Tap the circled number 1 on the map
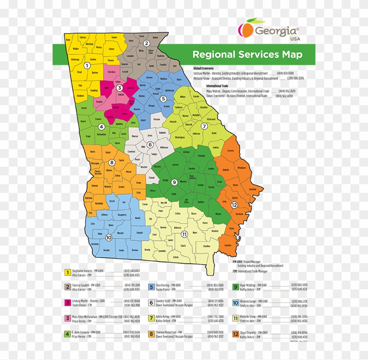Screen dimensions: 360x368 [x=87, y=65]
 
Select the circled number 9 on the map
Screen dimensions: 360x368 [x=174, y=182]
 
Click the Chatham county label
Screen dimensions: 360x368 [x=252, y=189]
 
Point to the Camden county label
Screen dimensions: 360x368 [x=228, y=245]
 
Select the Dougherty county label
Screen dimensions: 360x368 [x=122, y=214]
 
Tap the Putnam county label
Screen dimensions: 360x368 [x=156, y=119]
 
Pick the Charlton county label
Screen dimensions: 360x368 [x=207, y=246]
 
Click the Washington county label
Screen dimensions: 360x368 [x=180, y=137]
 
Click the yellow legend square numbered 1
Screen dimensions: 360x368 [x=67, y=273]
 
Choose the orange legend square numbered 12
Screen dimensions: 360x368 [x=236, y=334]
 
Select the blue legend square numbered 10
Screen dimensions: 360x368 [x=236, y=303]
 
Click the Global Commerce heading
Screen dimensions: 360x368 [x=203, y=68]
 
